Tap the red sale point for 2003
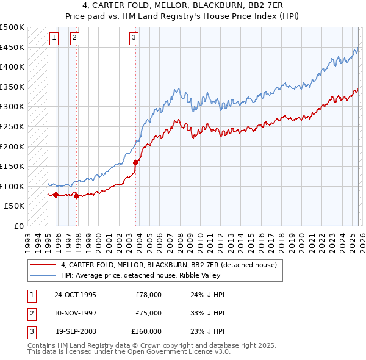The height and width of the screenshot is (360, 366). (x=136, y=162)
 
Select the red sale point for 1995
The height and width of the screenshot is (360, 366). (x=56, y=195)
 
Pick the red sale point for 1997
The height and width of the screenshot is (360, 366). (x=77, y=196)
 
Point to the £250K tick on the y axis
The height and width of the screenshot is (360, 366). (x=13, y=126)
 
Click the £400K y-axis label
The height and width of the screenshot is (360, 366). (x=13, y=67)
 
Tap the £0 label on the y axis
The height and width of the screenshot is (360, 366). (x=18, y=226)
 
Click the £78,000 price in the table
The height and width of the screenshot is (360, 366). (x=148, y=294)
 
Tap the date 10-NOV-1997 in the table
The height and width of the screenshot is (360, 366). (x=75, y=312)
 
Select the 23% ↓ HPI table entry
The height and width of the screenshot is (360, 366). (x=207, y=331)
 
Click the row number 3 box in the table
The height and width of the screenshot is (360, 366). (x=30, y=331)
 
